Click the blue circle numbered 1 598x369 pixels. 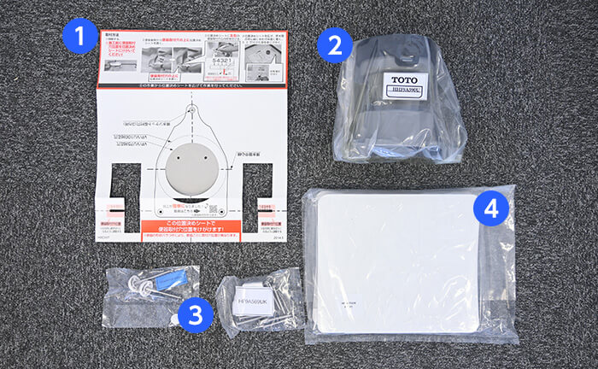(79, 38)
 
